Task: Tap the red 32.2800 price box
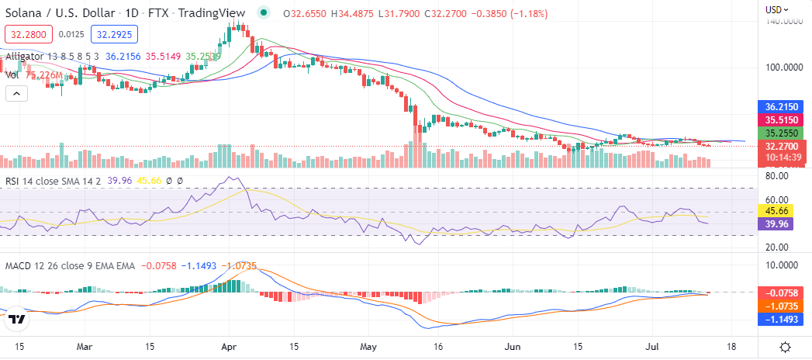tap(28, 34)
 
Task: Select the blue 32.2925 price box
tap(113, 34)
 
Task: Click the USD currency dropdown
tap(777, 9)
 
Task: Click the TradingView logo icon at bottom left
tap(17, 319)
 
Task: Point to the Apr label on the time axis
tap(227, 348)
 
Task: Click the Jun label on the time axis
tap(512, 348)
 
